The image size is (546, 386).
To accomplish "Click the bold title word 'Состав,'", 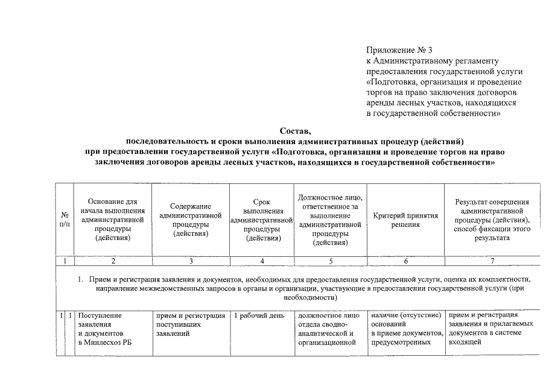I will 296,131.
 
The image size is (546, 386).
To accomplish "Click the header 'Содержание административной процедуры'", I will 191,220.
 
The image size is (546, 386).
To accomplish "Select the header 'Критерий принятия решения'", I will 405,220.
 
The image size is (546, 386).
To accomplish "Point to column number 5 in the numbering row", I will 329,261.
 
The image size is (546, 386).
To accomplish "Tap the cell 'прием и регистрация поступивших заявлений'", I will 189,324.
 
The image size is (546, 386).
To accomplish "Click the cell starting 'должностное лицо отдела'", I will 329,329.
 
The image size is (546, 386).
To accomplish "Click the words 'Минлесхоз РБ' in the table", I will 105,343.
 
